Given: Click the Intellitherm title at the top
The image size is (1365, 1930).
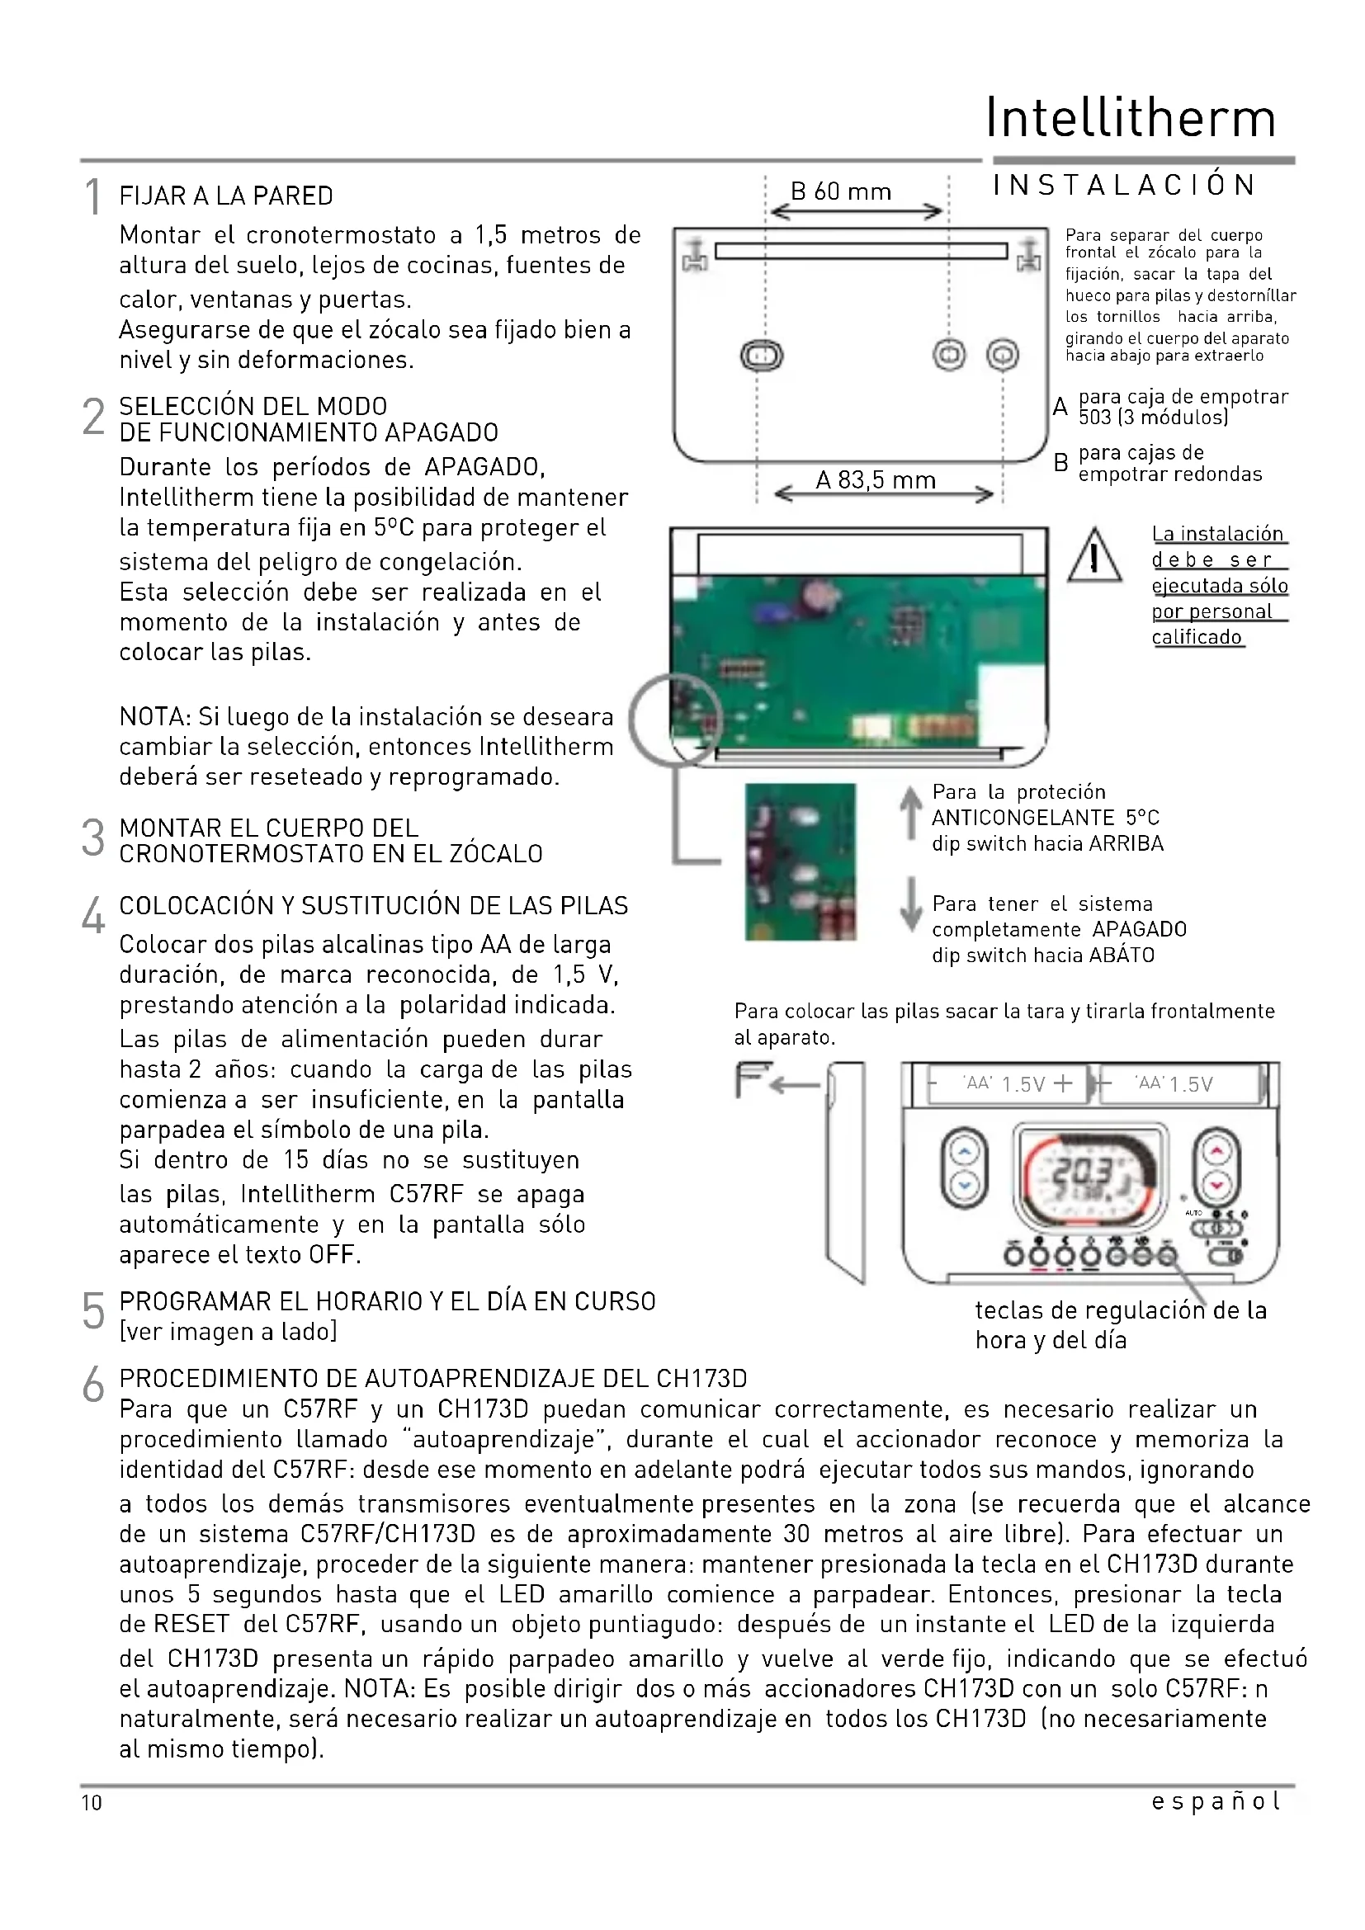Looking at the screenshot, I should click(1131, 119).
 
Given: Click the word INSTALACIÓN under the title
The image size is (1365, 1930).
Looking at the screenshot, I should click(1124, 186).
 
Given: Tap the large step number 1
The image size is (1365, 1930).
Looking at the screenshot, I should click(92, 197).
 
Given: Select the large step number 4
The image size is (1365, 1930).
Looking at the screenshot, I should click(93, 915).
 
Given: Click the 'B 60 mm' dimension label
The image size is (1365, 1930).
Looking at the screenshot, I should click(840, 191).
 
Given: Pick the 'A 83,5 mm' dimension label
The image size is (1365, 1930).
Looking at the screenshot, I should click(875, 480).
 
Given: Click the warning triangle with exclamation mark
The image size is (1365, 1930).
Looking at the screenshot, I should click(1094, 555).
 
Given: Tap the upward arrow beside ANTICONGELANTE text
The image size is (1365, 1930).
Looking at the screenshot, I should click(910, 814).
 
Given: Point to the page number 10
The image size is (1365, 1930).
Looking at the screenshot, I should click(92, 1802).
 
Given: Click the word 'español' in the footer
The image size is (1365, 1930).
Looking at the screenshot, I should click(1216, 1800).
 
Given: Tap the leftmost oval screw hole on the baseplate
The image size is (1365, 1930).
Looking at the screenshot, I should click(762, 356).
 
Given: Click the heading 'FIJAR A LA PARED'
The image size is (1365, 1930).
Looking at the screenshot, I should click(226, 196).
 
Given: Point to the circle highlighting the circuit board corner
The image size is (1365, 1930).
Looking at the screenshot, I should click(675, 719).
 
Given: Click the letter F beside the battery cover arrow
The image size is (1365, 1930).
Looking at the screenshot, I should click(747, 1080).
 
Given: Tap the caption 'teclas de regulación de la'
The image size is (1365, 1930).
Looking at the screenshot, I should click(1121, 1310).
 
